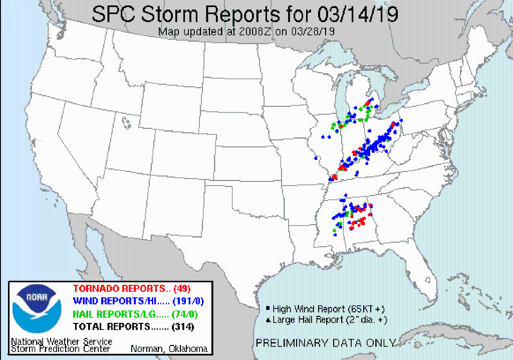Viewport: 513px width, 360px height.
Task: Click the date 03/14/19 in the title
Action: (x=349, y=15)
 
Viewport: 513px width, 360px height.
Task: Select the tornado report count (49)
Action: (x=182, y=288)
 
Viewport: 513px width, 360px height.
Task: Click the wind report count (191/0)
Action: (x=190, y=301)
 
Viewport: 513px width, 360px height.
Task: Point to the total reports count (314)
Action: (x=183, y=327)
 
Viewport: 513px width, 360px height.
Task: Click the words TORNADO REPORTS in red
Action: (x=119, y=288)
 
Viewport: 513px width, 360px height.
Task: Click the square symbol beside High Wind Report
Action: (x=268, y=308)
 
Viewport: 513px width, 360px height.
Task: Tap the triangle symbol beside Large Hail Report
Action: (x=268, y=319)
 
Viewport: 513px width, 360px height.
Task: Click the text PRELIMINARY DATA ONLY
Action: (x=326, y=343)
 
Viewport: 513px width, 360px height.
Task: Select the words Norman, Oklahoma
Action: (x=170, y=349)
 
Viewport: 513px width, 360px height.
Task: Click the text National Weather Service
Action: (x=62, y=341)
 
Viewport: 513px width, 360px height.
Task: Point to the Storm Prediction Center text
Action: (x=61, y=349)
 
